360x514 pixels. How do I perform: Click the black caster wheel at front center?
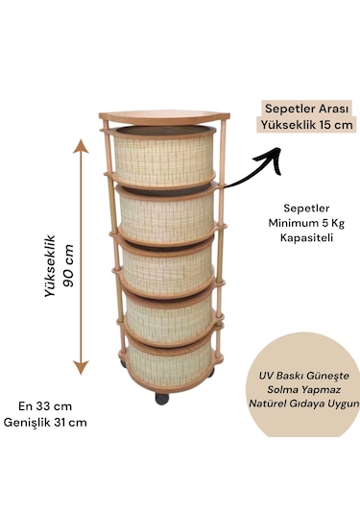[x=161, y=398]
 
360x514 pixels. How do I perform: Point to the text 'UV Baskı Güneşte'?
[x=307, y=377]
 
